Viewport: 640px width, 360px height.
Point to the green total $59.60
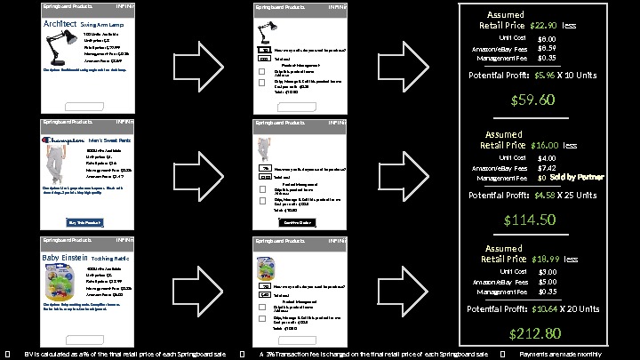coord(533,100)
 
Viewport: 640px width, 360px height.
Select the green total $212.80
coord(533,333)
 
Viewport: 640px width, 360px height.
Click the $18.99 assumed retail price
coord(544,259)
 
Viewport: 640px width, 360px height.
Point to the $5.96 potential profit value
coord(545,76)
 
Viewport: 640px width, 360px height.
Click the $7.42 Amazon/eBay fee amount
coord(548,167)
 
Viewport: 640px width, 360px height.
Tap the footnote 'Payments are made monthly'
coord(560,354)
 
